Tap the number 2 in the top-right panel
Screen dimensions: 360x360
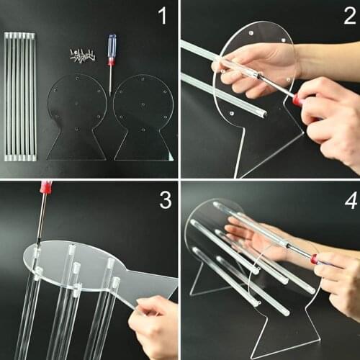pyautogui.click(x=348, y=16)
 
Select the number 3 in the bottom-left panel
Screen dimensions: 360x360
pyautogui.click(x=165, y=199)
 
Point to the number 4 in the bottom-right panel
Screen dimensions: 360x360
pyautogui.click(x=348, y=199)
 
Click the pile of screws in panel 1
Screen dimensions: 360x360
pyautogui.click(x=83, y=55)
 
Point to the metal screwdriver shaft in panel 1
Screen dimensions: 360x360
pyautogui.click(x=111, y=79)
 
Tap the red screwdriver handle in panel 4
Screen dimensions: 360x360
pyautogui.click(x=315, y=258)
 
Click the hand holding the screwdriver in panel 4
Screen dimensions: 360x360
pyautogui.click(x=338, y=281)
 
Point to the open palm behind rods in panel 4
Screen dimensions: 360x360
pyautogui.click(x=245, y=238)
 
